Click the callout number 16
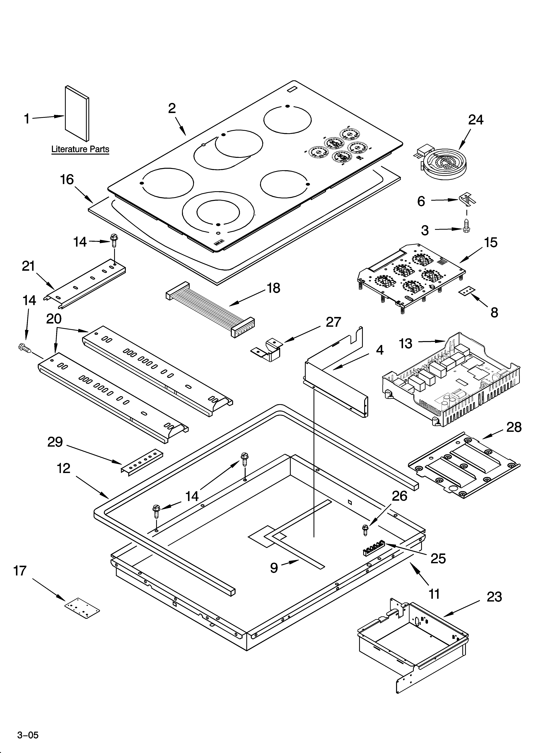[67, 180]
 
